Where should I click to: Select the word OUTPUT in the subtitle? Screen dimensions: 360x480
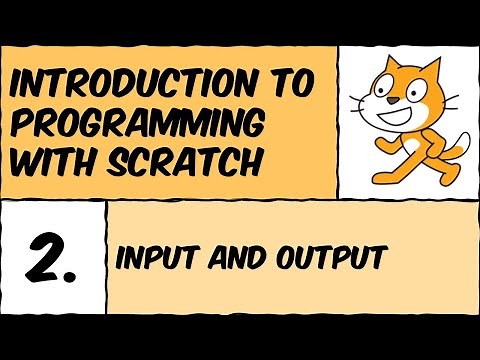(x=326, y=257)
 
